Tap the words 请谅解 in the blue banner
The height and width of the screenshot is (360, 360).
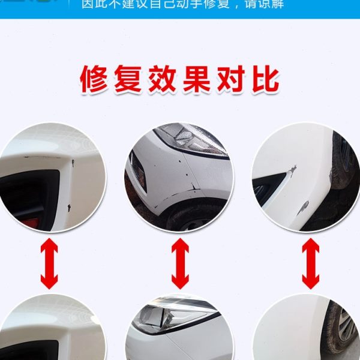tap(263, 5)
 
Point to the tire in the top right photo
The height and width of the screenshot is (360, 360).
tap(344, 162)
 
